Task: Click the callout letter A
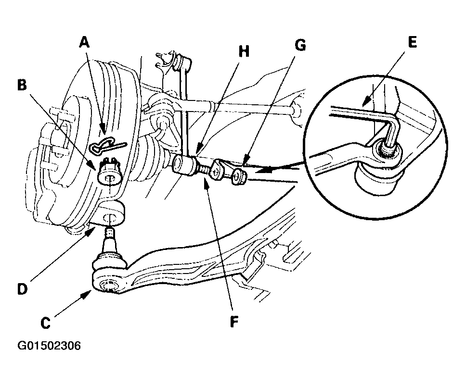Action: (84, 42)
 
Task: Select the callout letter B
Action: (22, 85)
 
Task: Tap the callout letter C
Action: (45, 323)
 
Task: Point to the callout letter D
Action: (23, 289)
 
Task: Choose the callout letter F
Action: (234, 321)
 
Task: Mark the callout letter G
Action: (300, 45)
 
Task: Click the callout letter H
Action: (244, 51)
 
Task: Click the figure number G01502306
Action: (49, 346)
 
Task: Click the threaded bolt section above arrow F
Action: (203, 170)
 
